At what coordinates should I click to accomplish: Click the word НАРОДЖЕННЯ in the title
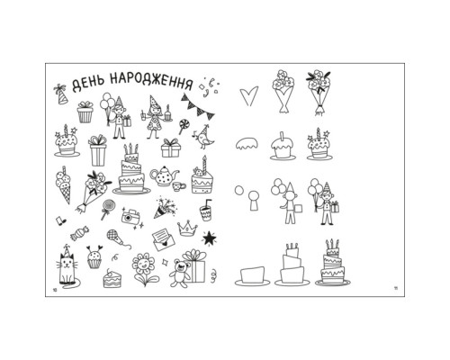(151, 81)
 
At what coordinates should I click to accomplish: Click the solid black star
(209, 238)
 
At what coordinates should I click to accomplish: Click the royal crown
(187, 229)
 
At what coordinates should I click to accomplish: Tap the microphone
(118, 238)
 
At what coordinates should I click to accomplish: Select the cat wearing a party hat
(67, 265)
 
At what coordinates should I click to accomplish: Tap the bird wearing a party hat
(204, 137)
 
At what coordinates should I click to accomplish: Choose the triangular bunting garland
(198, 107)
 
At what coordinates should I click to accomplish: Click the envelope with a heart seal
(164, 239)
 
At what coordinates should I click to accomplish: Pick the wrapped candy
(79, 234)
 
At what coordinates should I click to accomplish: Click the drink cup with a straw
(206, 211)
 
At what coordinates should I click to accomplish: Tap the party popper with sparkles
(165, 207)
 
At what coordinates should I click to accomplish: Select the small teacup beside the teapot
(178, 186)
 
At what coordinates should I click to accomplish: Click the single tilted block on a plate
(252, 276)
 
